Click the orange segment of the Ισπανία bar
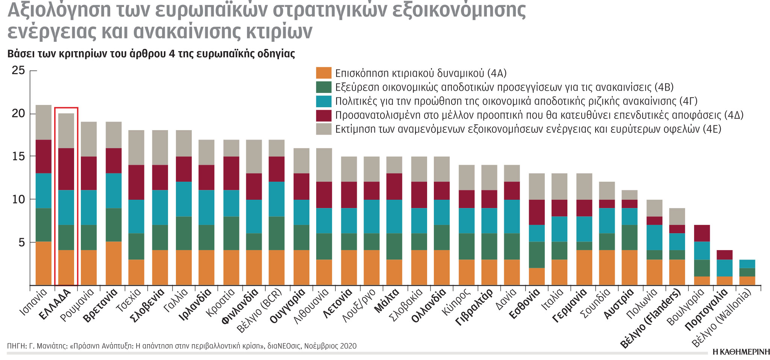pyautogui.click(x=43, y=263)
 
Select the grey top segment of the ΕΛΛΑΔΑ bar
pyautogui.click(x=66, y=131)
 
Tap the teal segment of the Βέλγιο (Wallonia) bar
pyautogui.click(x=747, y=264)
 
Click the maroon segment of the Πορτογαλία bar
pyautogui.click(x=725, y=255)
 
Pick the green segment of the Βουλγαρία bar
pyautogui.click(x=702, y=268)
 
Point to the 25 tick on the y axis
pyautogui.click(x=18, y=70)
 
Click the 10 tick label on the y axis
pyautogui.click(x=18, y=199)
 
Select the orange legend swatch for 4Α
pyautogui.click(x=323, y=73)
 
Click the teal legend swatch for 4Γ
pyautogui.click(x=323, y=101)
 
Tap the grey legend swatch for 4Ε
pyautogui.click(x=323, y=129)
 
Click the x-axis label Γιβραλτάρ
pyautogui.click(x=473, y=307)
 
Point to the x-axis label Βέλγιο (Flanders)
pyautogui.click(x=650, y=320)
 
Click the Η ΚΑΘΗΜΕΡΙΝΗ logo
pyautogui.click(x=741, y=352)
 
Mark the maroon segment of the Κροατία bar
pyautogui.click(x=231, y=173)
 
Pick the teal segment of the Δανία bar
pyautogui.click(x=512, y=216)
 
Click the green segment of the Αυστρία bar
pyautogui.click(x=629, y=237)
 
